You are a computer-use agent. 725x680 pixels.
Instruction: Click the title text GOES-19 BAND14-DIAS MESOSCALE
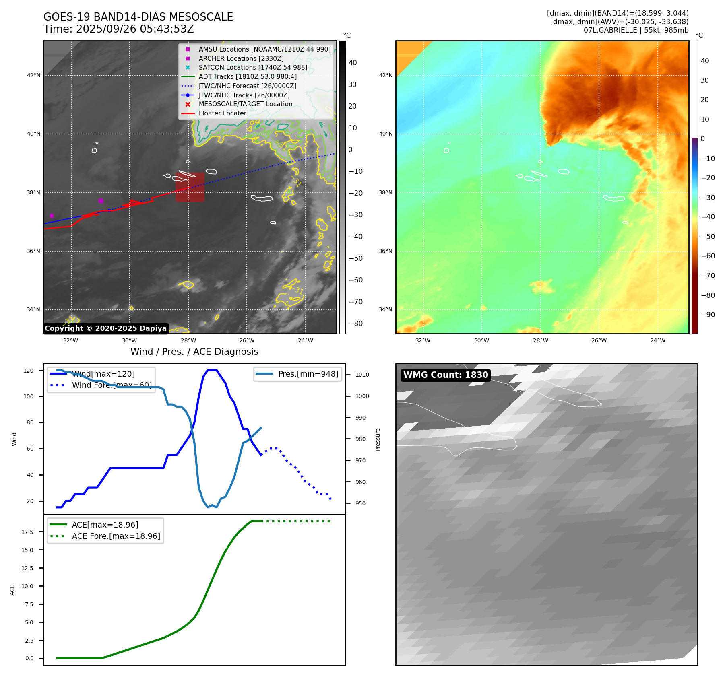pyautogui.click(x=138, y=17)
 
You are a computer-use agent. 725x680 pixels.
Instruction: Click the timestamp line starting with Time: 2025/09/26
pyautogui.click(x=119, y=29)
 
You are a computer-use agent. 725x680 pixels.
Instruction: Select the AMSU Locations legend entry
pyautogui.click(x=264, y=49)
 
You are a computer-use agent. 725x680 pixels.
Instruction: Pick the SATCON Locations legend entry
pyautogui.click(x=252, y=67)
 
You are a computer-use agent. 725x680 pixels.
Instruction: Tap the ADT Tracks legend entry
pyautogui.click(x=247, y=76)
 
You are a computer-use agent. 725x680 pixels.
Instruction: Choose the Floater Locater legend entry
pyautogui.click(x=222, y=113)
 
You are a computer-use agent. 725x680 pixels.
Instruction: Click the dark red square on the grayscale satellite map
pyautogui.click(x=190, y=187)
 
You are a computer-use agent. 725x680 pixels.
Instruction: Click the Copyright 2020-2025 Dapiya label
pyautogui.click(x=105, y=328)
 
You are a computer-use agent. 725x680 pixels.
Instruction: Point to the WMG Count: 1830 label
pyautogui.click(x=446, y=375)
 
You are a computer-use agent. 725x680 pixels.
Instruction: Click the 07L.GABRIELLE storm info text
pyautogui.click(x=636, y=30)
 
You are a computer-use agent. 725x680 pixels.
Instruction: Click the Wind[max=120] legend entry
pyautogui.click(x=103, y=374)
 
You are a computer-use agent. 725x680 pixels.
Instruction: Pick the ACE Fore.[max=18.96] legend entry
pyautogui.click(x=116, y=536)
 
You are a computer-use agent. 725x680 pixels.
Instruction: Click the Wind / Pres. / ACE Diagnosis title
pyautogui.click(x=194, y=352)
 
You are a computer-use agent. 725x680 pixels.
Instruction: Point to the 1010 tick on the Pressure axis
pyautogui.click(x=362, y=375)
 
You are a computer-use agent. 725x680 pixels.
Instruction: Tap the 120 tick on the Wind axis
pyautogui.click(x=29, y=371)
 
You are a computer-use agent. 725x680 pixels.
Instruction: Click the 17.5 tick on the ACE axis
pyautogui.click(x=27, y=532)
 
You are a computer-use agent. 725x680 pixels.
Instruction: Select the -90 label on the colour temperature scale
pyautogui.click(x=708, y=315)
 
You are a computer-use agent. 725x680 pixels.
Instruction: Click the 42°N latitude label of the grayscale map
pyautogui.click(x=34, y=75)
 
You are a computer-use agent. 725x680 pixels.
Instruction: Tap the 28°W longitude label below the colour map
pyautogui.click(x=540, y=340)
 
